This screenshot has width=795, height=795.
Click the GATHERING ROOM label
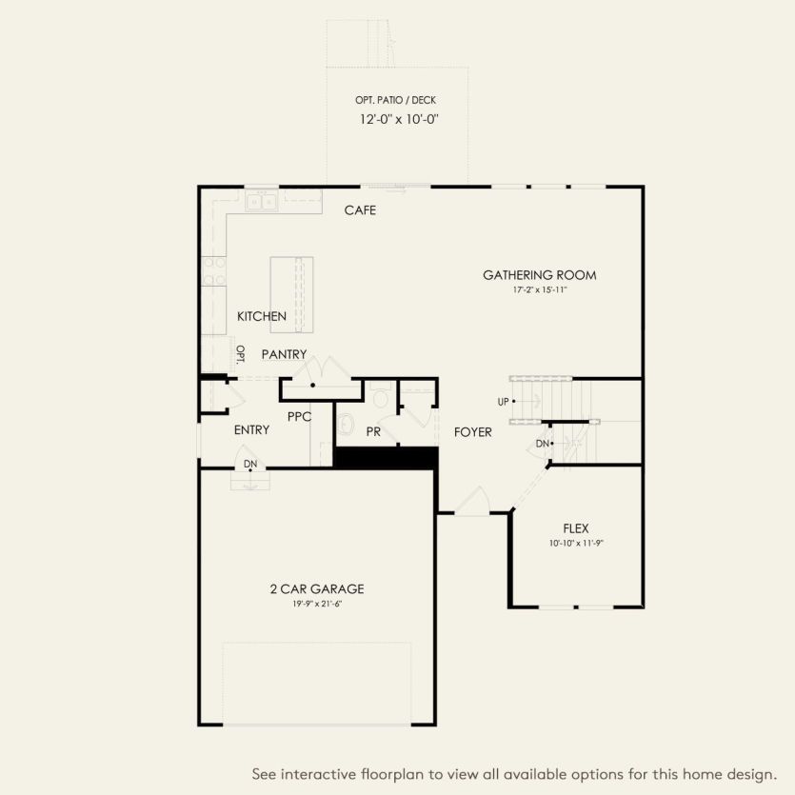pyautogui.click(x=539, y=275)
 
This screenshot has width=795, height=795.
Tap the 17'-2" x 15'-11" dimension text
pyautogui.click(x=539, y=289)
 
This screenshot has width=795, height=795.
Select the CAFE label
pyautogui.click(x=360, y=209)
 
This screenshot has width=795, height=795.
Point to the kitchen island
pyautogui.click(x=291, y=295)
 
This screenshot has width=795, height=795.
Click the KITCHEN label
pyautogui.click(x=262, y=316)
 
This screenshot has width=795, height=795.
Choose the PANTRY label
pyautogui.click(x=284, y=354)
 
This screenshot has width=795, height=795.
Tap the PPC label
pyautogui.click(x=299, y=416)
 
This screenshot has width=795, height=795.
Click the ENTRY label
pyautogui.click(x=251, y=430)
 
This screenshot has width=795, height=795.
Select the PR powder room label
pyautogui.click(x=373, y=432)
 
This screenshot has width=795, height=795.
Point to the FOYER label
pyautogui.click(x=472, y=432)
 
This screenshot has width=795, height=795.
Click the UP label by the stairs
pyautogui.click(x=504, y=401)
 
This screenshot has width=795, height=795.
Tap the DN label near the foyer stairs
pyautogui.click(x=541, y=444)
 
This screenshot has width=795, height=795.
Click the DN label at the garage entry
pyautogui.click(x=250, y=464)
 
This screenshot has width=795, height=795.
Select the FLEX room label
pyautogui.click(x=576, y=527)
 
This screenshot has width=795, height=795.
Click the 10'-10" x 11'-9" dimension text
pyautogui.click(x=576, y=543)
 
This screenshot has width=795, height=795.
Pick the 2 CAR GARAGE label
pyautogui.click(x=316, y=588)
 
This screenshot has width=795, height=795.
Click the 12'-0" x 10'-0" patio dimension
pyautogui.click(x=398, y=120)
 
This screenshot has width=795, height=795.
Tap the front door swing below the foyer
pyautogui.click(x=472, y=502)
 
